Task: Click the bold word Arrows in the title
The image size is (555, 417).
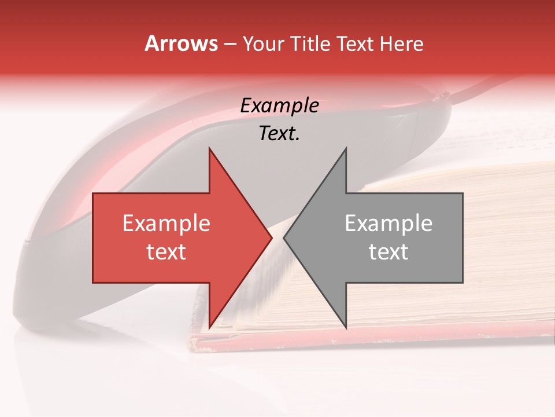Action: click(181, 44)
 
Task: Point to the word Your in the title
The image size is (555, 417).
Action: click(264, 44)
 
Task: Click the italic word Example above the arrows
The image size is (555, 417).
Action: click(279, 106)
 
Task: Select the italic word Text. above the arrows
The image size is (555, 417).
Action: click(279, 134)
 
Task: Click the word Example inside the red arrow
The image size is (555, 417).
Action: click(166, 224)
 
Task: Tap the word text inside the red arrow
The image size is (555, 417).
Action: click(166, 252)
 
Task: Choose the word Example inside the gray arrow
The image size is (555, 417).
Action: click(388, 224)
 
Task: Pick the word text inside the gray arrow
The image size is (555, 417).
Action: click(388, 252)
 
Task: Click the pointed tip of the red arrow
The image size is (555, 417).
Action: click(272, 238)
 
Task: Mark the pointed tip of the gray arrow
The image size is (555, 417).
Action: click(284, 238)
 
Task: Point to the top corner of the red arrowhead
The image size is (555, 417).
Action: click(209, 148)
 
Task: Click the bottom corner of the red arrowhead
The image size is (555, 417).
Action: click(209, 328)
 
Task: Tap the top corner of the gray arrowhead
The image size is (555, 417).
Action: click(346, 148)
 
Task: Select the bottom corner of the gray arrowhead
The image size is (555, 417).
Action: click(346, 328)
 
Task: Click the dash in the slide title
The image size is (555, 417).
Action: click(230, 45)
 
